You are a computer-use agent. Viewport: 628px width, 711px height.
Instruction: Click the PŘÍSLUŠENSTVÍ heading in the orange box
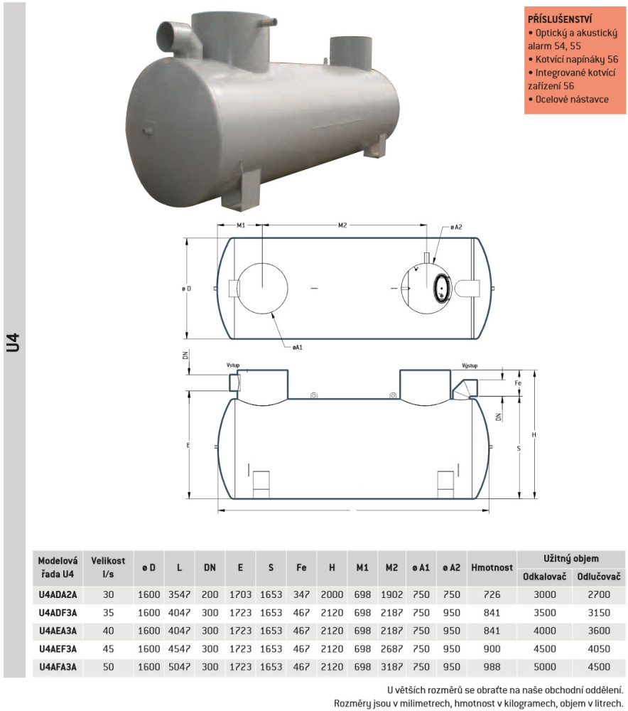(x=560, y=19)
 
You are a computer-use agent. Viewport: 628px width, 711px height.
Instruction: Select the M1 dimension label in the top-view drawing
(x=241, y=225)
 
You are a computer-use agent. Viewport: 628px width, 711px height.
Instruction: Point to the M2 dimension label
(x=342, y=225)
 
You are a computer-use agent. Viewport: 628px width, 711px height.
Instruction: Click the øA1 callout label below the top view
(x=297, y=348)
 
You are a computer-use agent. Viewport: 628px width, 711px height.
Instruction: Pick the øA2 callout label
(x=456, y=227)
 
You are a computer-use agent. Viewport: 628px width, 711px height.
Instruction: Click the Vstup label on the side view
(x=233, y=365)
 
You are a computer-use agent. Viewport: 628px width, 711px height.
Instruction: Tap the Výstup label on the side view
(x=470, y=365)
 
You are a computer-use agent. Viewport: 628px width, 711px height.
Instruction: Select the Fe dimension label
(x=518, y=383)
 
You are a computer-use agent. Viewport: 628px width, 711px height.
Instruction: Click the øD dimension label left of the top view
(x=187, y=289)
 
